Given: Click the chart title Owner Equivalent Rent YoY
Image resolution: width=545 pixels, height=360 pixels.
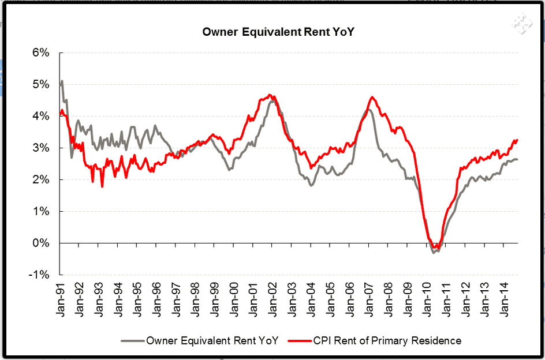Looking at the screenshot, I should point(278,31).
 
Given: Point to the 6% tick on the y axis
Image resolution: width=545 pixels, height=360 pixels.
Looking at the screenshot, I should point(41,53).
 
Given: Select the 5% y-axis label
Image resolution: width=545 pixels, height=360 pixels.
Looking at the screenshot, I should point(41,85).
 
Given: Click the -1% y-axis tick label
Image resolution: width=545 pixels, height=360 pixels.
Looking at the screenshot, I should point(39,275).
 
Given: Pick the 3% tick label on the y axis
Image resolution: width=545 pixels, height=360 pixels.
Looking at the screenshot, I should point(41,148).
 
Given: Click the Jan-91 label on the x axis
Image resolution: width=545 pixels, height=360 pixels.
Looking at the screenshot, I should point(61,299).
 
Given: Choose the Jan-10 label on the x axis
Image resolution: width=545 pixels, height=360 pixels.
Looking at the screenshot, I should point(425,299).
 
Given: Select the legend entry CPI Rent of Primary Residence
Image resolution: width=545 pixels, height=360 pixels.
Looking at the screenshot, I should point(387,341).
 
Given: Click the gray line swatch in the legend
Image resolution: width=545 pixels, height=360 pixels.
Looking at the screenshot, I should point(132,341).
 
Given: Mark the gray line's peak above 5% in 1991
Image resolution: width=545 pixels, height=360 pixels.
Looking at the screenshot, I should point(62,81).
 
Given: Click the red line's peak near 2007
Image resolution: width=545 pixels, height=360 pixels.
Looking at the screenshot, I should point(372,97).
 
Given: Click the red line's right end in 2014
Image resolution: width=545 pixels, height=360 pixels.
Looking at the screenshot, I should point(517,140).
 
